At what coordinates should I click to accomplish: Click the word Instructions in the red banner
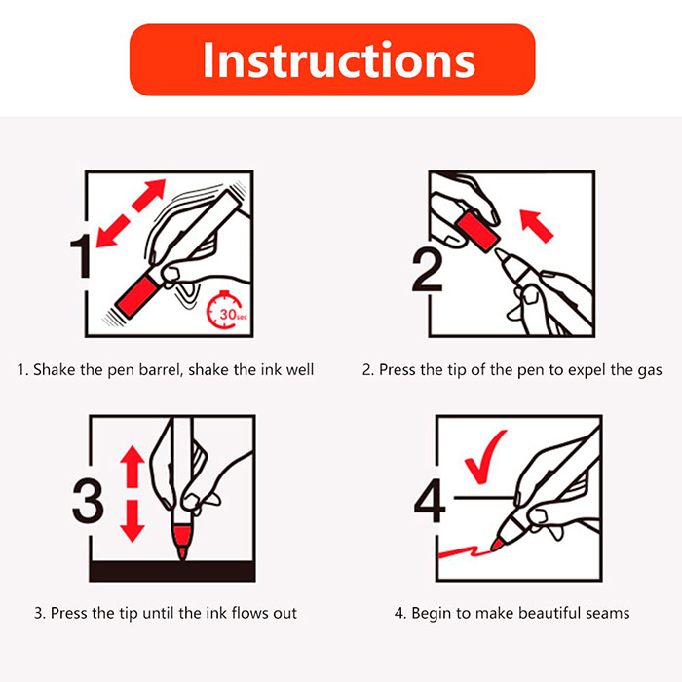tap(339, 60)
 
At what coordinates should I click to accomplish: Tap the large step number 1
tap(81, 255)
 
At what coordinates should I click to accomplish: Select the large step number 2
tap(428, 269)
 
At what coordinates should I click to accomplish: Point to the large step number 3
tap(88, 500)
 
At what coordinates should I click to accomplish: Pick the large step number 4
tap(431, 500)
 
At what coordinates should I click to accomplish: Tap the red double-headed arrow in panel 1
tap(131, 213)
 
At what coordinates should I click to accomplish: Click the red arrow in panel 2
tap(536, 225)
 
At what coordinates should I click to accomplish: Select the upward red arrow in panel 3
tap(133, 467)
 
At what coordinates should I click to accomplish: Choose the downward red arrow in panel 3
tap(133, 521)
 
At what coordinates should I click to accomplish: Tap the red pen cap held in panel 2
tap(477, 230)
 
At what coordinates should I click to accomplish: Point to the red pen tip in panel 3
tap(182, 542)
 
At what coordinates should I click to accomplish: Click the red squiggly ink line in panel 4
tap(464, 552)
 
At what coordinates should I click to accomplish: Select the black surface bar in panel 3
tap(172, 571)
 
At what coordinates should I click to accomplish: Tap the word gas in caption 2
tap(650, 370)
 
